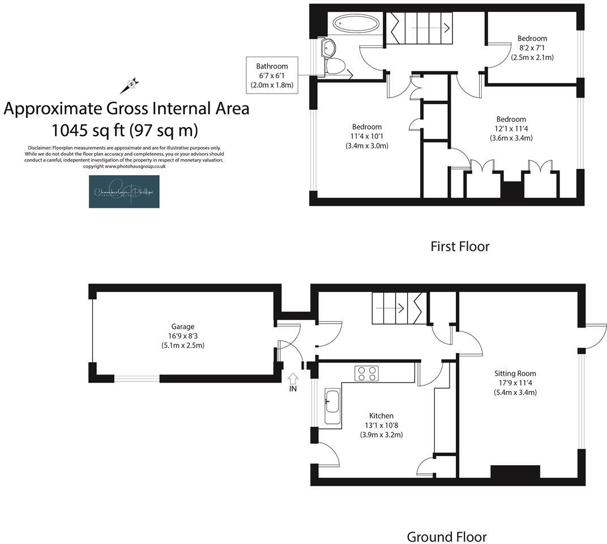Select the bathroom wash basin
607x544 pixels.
pyautogui.click(x=327, y=48)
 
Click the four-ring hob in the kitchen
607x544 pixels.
pyautogui.click(x=366, y=373)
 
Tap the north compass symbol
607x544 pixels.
pyautogui.click(x=130, y=86)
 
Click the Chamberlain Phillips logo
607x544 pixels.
pyautogui.click(x=124, y=192)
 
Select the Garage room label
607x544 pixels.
pyautogui.click(x=183, y=326)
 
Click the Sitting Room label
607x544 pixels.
pyautogui.click(x=515, y=373)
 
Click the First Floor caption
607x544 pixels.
pyautogui.click(x=460, y=246)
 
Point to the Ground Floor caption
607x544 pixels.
pyautogui.click(x=447, y=537)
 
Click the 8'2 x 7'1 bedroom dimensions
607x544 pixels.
pyautogui.click(x=532, y=48)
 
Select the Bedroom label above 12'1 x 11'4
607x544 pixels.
pyautogui.click(x=511, y=119)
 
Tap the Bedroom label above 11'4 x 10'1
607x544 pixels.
pyautogui.click(x=366, y=126)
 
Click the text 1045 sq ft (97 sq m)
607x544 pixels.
pyautogui.click(x=125, y=131)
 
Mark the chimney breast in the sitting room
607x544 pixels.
pyautogui.click(x=515, y=471)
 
